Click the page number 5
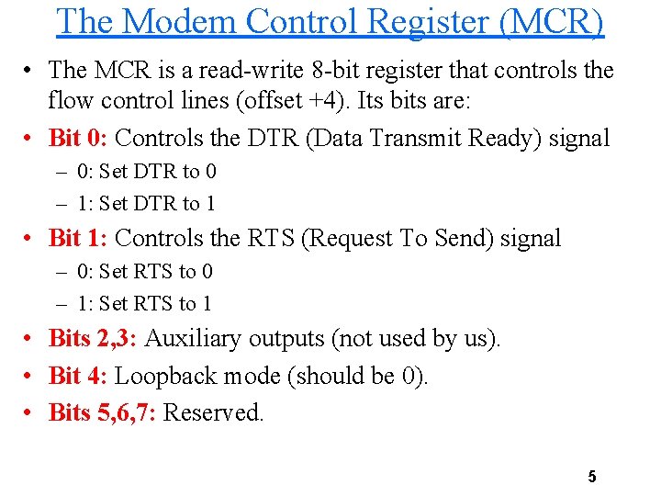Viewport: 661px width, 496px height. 592,477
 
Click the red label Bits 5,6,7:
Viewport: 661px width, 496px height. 102,413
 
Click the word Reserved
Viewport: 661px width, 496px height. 213,413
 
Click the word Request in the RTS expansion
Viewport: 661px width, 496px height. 350,239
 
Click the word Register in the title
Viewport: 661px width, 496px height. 421,21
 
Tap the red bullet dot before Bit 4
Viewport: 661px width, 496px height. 31,377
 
